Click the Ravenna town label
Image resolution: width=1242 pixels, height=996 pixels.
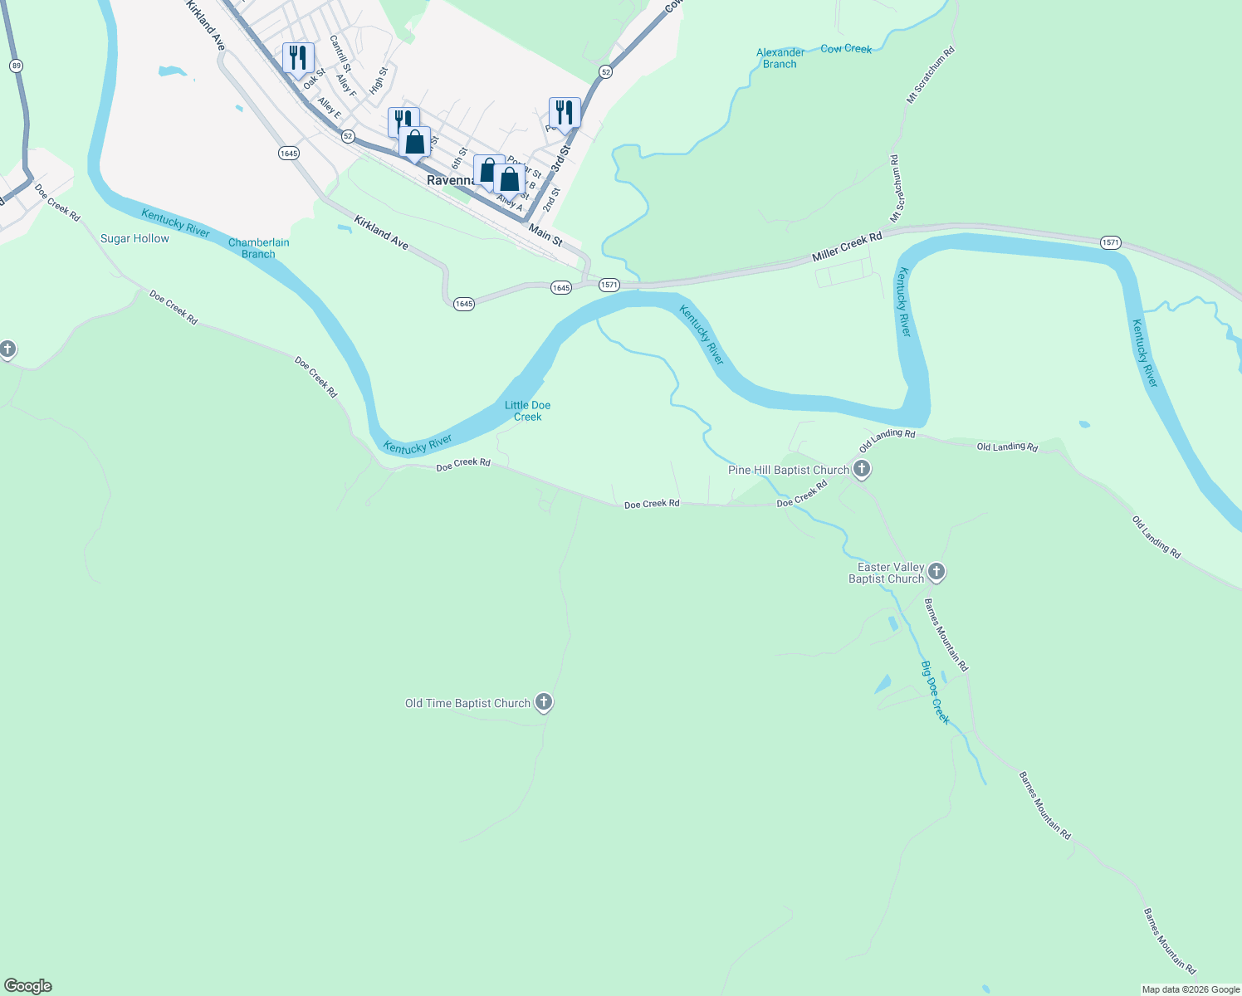click(449, 180)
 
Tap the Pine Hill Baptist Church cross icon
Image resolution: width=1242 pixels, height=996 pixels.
click(862, 470)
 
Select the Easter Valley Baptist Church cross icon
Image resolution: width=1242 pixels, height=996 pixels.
click(936, 571)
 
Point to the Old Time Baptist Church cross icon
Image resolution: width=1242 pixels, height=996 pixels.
click(544, 702)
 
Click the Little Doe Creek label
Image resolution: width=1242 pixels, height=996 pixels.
click(527, 411)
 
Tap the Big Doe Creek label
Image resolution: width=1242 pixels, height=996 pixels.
click(936, 692)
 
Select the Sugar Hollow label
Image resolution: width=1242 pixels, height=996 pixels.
click(134, 238)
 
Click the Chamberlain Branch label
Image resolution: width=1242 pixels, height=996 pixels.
click(259, 248)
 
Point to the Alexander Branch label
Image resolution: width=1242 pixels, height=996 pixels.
click(780, 58)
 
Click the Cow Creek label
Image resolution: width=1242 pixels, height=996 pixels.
click(846, 49)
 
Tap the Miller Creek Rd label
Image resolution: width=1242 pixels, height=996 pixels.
click(847, 247)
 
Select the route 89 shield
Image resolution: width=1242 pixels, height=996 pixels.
click(17, 66)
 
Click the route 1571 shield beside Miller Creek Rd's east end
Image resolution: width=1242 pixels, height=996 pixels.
click(1111, 242)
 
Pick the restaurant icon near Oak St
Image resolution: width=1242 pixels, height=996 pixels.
click(298, 58)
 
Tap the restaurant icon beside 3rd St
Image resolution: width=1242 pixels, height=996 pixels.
click(565, 113)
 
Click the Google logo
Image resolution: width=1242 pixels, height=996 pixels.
click(28, 986)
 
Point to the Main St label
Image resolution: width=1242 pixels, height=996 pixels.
click(545, 235)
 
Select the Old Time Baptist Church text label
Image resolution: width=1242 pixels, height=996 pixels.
click(467, 703)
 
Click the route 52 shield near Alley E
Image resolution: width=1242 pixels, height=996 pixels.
click(348, 135)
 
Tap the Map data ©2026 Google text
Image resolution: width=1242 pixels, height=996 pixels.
click(1191, 989)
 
